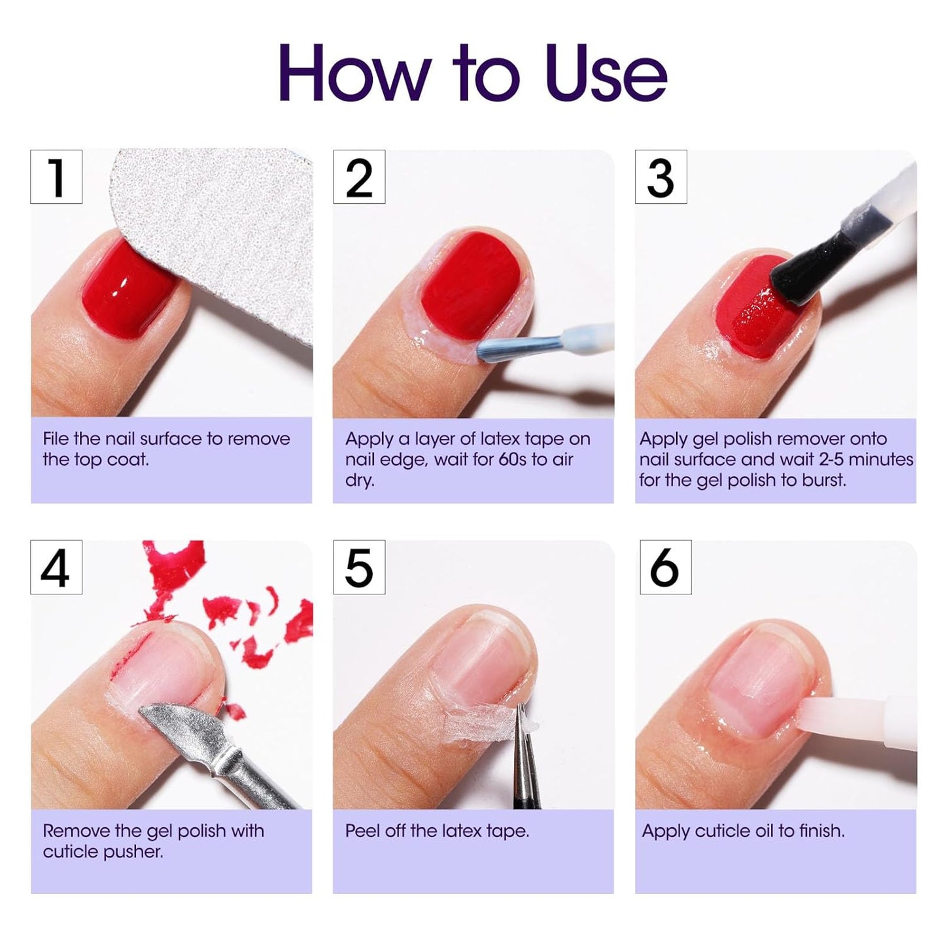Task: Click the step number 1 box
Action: pos(56,177)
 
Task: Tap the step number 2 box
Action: pos(359,177)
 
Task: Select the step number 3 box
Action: pos(661,177)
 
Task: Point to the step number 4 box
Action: pos(56,567)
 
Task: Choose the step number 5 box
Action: pos(359,567)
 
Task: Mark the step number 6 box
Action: pos(665,567)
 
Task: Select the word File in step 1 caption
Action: pos(57,439)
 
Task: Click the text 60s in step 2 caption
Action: pos(512,459)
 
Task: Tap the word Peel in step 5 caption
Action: pos(361,831)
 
